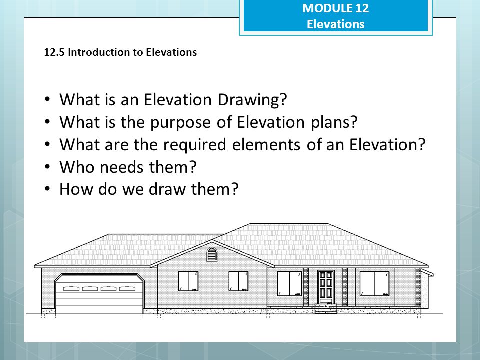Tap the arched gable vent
(212, 255)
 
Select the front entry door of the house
(325, 286)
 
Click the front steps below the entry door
(325, 308)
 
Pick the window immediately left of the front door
(289, 283)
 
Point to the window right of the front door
(374, 283)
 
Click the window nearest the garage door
(188, 281)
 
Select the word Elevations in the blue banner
(335, 24)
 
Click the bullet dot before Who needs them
(47, 167)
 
